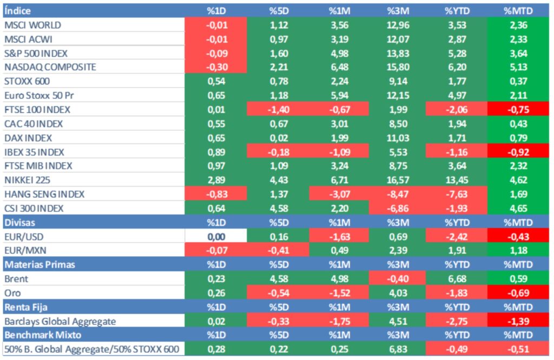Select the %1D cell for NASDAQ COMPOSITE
click(216, 67)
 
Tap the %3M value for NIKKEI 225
click(398, 179)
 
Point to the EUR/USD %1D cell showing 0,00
click(216, 236)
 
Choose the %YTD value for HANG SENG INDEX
click(456, 194)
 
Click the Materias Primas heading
click(39, 264)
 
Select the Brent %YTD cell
click(456, 279)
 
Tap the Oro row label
click(12, 293)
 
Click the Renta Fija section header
click(25, 307)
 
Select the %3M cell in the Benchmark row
click(398, 349)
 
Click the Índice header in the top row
click(17, 11)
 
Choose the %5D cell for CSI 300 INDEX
click(277, 208)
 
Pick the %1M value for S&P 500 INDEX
click(339, 53)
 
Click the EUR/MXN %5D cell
click(277, 250)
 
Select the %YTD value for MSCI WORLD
click(456, 25)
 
